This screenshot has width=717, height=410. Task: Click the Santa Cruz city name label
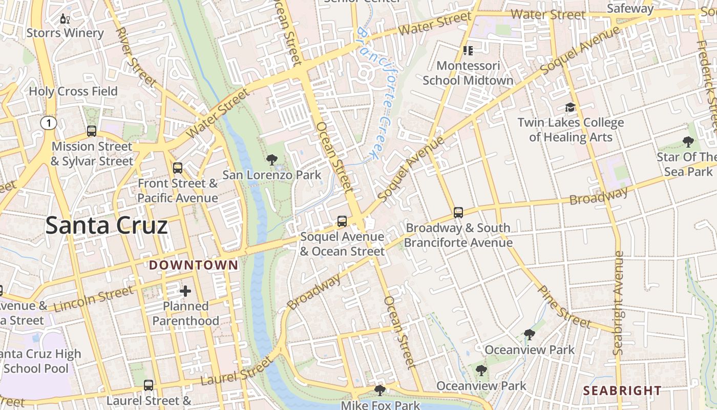click(x=107, y=226)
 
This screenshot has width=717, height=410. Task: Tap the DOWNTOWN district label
click(x=194, y=265)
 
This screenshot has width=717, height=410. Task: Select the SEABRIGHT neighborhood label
click(x=622, y=391)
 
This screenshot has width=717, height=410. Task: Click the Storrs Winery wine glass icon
click(x=65, y=19)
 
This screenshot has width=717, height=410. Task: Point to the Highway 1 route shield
click(x=48, y=123)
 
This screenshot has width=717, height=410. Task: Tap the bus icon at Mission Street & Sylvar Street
click(x=92, y=131)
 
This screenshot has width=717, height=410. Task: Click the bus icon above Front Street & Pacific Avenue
click(x=178, y=168)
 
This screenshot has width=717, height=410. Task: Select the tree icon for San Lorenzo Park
click(x=272, y=160)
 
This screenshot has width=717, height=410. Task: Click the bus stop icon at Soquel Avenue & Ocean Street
click(x=342, y=221)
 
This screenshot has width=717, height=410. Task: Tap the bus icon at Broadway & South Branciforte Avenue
click(x=458, y=212)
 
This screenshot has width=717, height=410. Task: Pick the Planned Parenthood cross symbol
click(x=185, y=291)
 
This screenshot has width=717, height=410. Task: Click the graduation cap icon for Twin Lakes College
click(x=570, y=107)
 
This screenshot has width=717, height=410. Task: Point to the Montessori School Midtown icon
click(x=468, y=50)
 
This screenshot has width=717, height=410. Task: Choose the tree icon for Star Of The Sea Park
click(x=688, y=141)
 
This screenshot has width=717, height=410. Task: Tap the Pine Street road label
click(x=564, y=306)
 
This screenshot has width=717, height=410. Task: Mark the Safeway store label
click(x=630, y=9)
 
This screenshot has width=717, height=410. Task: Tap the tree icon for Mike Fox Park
click(x=379, y=391)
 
